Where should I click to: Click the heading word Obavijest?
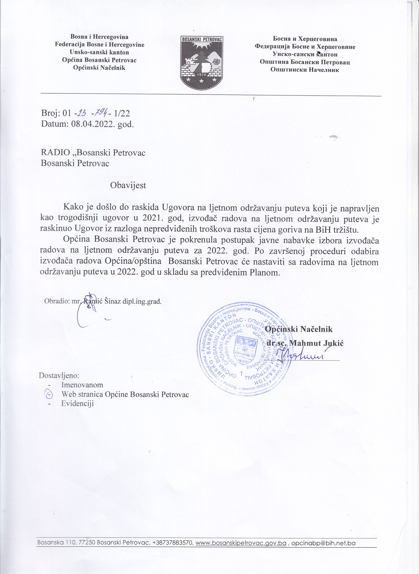[x=128, y=185]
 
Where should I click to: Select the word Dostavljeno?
[x=59, y=375]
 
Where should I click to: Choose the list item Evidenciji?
[x=77, y=404]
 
